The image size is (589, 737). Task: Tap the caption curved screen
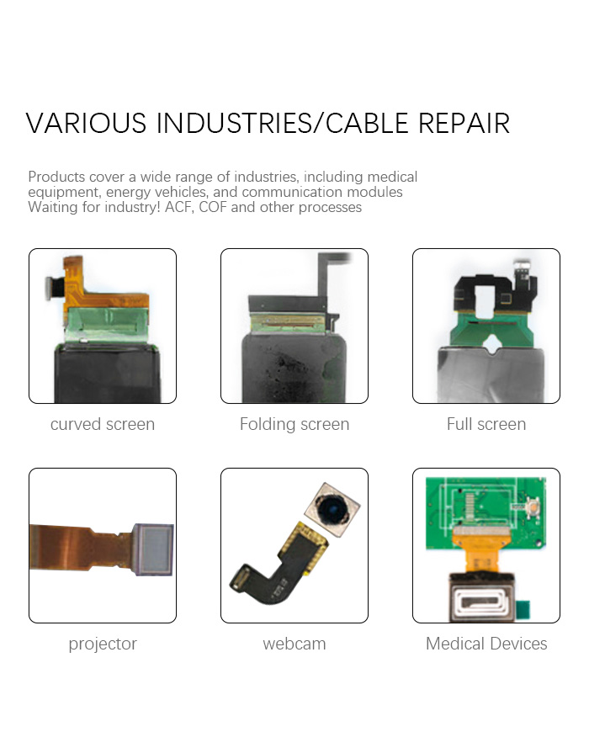point(103,424)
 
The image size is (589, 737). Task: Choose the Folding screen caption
point(294,424)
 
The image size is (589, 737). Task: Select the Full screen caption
point(486,424)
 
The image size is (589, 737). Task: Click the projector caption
point(103,644)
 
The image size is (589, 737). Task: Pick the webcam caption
point(294,644)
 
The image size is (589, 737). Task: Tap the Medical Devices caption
point(486,644)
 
